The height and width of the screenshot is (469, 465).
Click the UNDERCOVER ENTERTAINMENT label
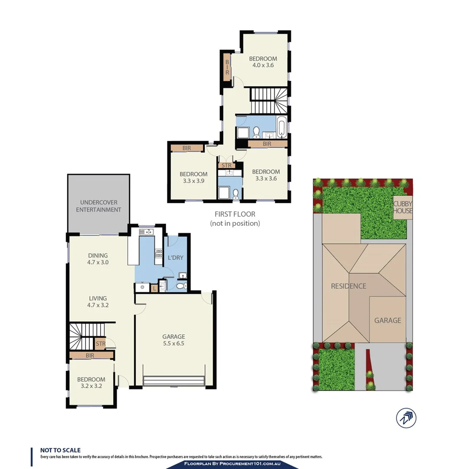pyautogui.click(x=98, y=206)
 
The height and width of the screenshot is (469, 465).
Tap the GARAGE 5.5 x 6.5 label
pyautogui.click(x=174, y=340)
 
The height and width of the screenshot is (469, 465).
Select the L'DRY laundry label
pyautogui.click(x=175, y=258)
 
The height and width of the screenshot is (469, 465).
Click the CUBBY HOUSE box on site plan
pyautogui.click(x=403, y=207)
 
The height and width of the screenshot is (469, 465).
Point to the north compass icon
pyautogui.click(x=406, y=418)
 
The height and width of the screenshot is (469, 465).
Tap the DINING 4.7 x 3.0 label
pyautogui.click(x=98, y=259)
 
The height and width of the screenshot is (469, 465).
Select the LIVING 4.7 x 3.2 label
pyautogui.click(x=98, y=302)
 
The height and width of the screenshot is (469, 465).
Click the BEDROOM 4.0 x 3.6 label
pyautogui.click(x=262, y=62)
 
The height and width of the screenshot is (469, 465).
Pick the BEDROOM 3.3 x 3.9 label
pyautogui.click(x=193, y=178)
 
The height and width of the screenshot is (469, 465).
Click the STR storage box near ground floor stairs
pyautogui.click(x=100, y=344)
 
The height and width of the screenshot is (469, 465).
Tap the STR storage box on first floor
pyautogui.click(x=226, y=165)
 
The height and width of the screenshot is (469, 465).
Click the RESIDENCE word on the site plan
pyautogui.click(x=348, y=286)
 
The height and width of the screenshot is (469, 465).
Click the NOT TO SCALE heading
pyautogui.click(x=60, y=450)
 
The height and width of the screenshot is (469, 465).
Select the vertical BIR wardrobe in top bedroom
pyautogui.click(x=226, y=67)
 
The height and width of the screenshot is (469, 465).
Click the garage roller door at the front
pyautogui.click(x=174, y=381)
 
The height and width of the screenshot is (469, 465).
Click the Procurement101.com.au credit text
pyautogui.click(x=232, y=465)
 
